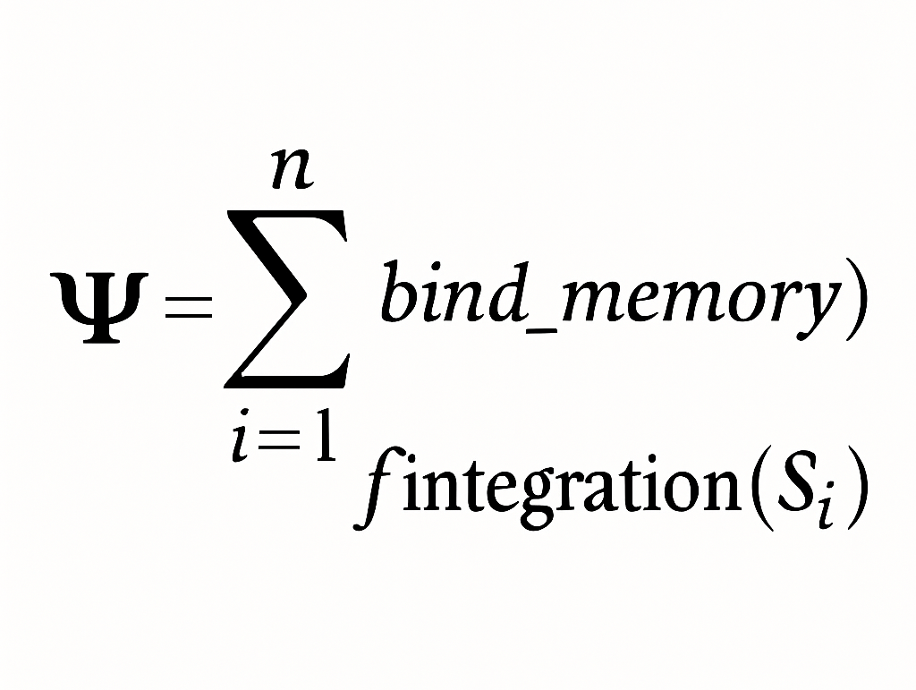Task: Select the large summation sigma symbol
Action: (284, 298)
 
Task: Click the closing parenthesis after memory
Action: (855, 302)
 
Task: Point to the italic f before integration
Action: (377, 491)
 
